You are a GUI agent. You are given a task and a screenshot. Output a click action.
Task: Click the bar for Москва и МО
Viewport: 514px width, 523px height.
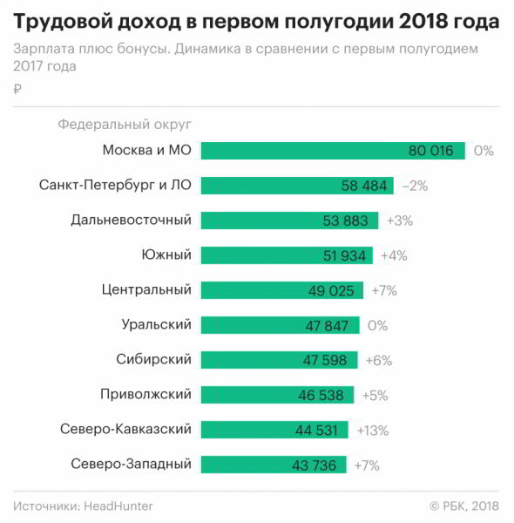coord(333,151)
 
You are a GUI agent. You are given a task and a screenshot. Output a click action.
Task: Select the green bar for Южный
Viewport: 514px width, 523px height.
coord(287,255)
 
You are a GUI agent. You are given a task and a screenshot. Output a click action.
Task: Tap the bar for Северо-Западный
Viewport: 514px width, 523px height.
coord(274,465)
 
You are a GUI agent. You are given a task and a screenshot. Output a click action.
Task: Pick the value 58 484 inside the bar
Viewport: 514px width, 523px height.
coord(363,186)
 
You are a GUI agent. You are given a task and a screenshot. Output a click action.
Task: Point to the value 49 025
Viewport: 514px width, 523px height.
coord(331,290)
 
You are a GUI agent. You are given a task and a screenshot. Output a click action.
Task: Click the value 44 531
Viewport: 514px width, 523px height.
coord(316,431)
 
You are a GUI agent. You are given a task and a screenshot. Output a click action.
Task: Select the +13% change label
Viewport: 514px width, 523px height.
coord(373,431)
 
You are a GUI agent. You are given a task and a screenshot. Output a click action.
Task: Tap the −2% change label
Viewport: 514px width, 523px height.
coord(415,186)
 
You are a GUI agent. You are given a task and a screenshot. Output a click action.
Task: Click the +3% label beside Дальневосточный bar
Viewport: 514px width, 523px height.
coord(400,221)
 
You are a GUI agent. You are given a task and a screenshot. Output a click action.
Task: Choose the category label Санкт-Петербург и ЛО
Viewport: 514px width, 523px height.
coord(115,185)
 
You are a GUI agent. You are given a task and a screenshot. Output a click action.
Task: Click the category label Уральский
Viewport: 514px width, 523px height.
coord(156,324)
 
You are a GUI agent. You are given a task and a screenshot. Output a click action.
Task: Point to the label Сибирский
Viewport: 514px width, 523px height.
coord(153,359)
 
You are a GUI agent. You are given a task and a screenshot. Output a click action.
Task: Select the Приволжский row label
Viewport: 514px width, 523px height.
coord(146,394)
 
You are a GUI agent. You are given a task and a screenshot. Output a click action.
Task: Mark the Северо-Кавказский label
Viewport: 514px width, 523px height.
coord(126,429)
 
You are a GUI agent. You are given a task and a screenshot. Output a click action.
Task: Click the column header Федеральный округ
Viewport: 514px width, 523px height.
coord(125,125)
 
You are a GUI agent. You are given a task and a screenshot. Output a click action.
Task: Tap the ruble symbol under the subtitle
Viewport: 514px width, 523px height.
coord(17,89)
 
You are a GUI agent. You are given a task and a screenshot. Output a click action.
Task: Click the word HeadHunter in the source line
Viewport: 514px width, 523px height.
coord(118,506)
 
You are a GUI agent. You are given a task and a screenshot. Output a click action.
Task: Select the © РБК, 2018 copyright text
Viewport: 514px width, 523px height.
coord(464,506)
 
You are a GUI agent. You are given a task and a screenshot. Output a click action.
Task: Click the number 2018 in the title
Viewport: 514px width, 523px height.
coord(423,21)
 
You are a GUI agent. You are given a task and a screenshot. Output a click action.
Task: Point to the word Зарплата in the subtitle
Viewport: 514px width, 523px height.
coord(44,49)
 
